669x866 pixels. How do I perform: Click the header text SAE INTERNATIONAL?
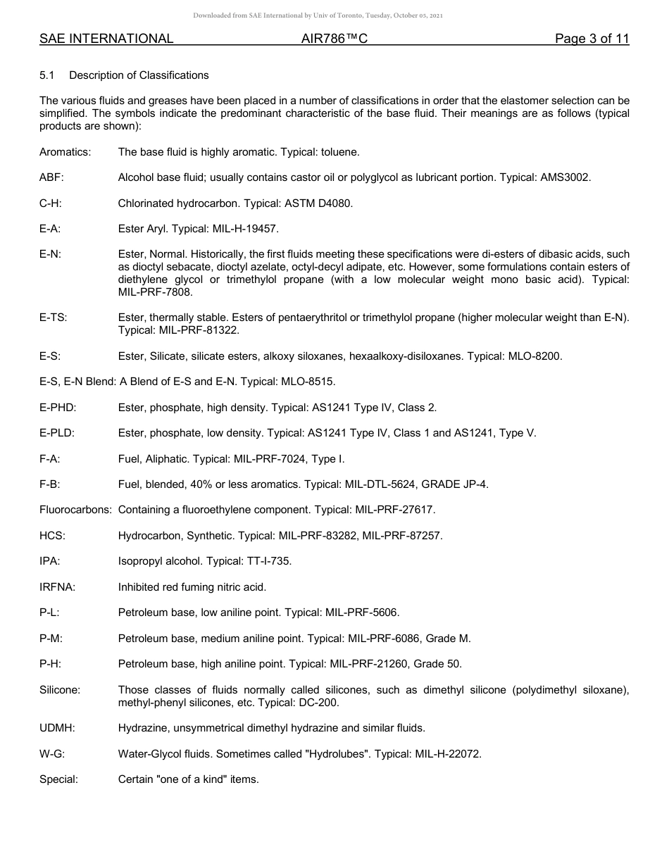pyautogui.click(x=106, y=39)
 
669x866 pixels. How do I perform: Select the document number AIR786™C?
pyautogui.click(x=334, y=39)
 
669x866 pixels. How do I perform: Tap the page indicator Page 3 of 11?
pyautogui.click(x=592, y=39)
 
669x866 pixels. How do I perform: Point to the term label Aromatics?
pyautogui.click(x=65, y=151)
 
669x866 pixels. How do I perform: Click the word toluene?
pyautogui.click(x=340, y=151)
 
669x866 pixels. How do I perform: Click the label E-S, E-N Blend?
pyautogui.click(x=77, y=382)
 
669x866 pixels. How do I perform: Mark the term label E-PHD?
pyautogui.click(x=58, y=408)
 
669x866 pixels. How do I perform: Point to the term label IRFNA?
pyautogui.click(x=57, y=587)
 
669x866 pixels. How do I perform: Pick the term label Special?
pyautogui.click(x=58, y=779)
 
